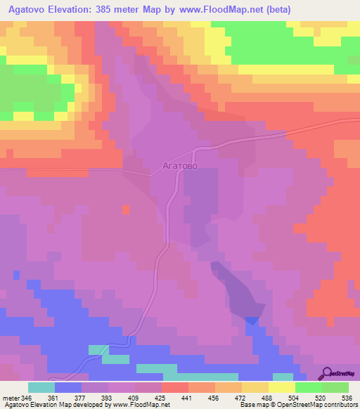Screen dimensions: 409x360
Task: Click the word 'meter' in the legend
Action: (11, 398)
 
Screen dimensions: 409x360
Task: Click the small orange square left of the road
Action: (125, 209)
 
